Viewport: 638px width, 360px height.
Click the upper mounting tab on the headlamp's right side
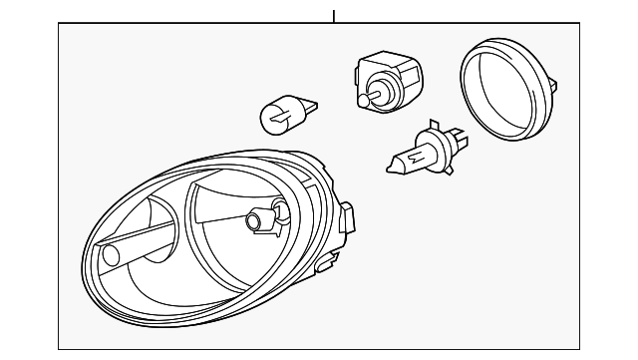tap(347, 215)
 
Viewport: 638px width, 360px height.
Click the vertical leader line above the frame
tap(335, 16)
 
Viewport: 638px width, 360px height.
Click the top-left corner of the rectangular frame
tap(58, 24)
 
